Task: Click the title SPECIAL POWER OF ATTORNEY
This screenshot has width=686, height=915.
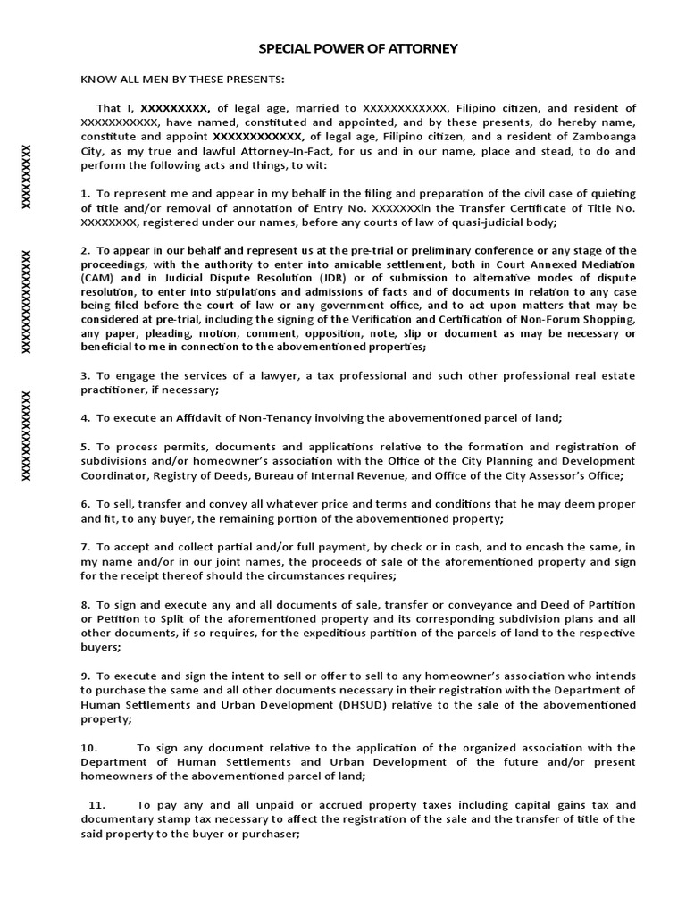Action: coord(357,48)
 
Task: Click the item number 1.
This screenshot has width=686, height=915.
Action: coord(85,194)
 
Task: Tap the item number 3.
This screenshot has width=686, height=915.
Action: coord(85,376)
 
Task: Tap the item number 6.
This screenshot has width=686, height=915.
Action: coord(85,504)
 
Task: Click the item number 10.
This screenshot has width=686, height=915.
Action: coord(88,748)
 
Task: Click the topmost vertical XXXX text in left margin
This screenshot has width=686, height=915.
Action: coord(27,177)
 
